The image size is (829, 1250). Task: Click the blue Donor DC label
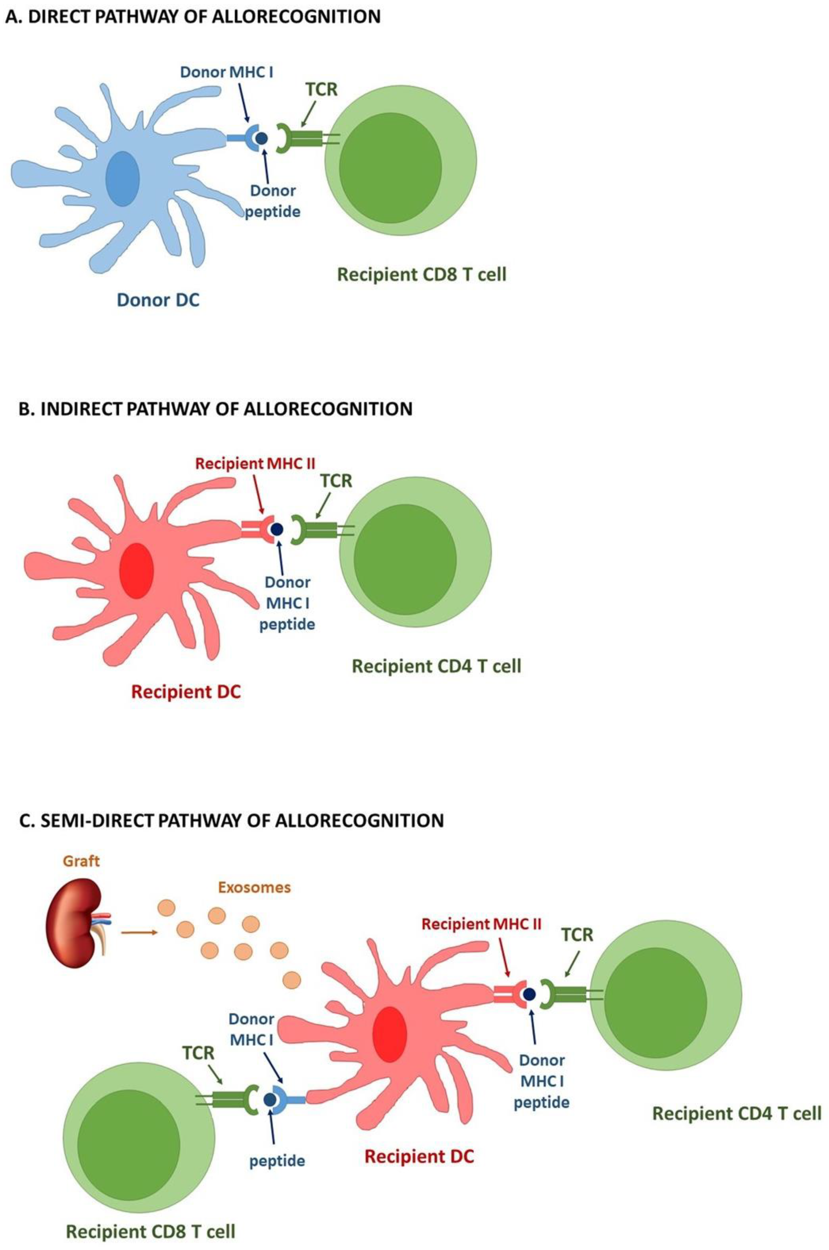coord(158,300)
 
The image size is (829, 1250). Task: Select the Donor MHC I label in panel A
coord(227,72)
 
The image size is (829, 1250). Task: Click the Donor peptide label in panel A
coord(273,201)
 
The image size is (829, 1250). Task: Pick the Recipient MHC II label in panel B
coord(255,464)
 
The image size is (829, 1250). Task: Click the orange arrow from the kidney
coord(139,932)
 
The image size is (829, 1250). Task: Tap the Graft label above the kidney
coord(82,861)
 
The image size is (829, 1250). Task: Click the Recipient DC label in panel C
coord(419,1156)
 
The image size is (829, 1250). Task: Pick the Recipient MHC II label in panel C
coord(481,924)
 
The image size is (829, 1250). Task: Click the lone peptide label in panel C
coord(277,1161)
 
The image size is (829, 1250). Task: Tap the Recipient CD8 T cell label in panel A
coord(421,274)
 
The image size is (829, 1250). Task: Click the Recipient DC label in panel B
coord(185,692)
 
